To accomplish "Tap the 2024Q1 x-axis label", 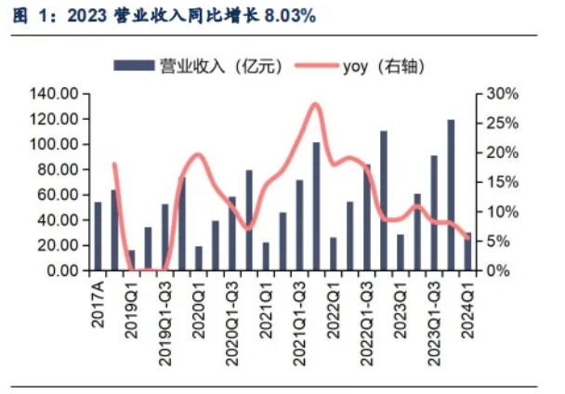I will (x=467, y=303).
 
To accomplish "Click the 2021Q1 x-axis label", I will (x=266, y=303).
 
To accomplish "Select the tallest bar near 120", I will (x=451, y=195).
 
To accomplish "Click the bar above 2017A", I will (x=98, y=236).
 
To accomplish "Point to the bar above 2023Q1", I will (x=401, y=252).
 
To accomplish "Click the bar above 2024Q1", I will (x=467, y=251).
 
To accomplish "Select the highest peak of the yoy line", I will (x=315, y=104).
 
